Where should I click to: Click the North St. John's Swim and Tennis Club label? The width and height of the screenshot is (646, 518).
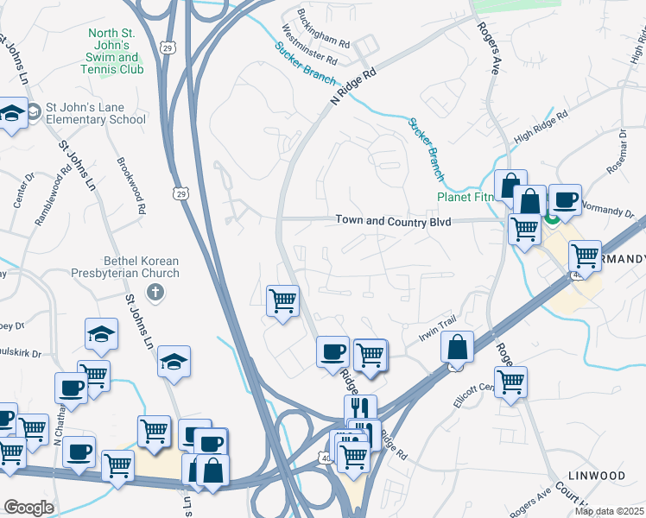pos(115,51)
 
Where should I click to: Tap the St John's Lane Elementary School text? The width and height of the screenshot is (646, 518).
pos(96,113)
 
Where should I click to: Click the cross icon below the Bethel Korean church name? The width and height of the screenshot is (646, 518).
pos(155,292)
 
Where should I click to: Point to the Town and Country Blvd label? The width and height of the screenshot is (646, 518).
pos(394,221)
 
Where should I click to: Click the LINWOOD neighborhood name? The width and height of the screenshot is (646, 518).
pos(597,476)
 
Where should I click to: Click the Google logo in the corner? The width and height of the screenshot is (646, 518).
pos(28,508)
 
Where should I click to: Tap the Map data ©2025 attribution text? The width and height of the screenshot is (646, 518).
pos(609,511)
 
